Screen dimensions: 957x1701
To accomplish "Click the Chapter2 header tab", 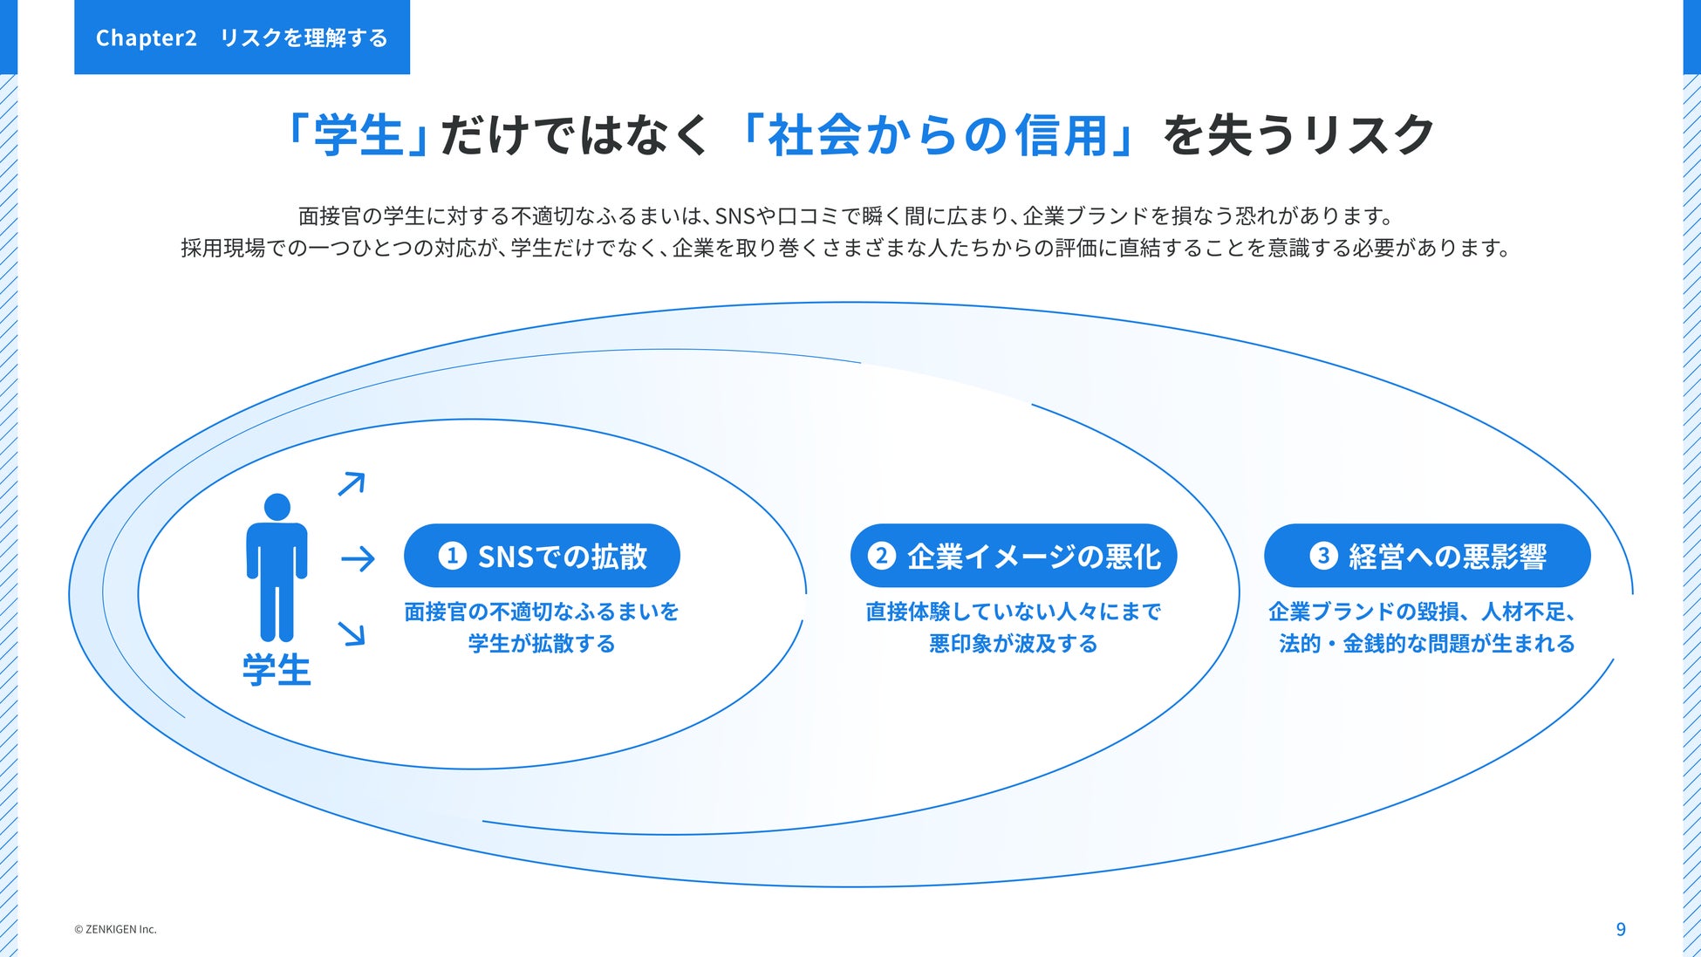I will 242,38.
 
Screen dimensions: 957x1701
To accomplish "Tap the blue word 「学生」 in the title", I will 358,136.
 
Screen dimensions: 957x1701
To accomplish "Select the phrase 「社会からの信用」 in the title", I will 937,136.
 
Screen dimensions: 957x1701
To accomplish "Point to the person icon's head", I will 277,507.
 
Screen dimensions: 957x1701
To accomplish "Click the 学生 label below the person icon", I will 277,670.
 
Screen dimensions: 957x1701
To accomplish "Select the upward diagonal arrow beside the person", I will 352,483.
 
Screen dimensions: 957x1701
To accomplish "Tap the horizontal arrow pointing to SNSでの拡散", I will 358,558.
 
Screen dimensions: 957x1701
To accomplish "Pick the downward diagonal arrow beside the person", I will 352,633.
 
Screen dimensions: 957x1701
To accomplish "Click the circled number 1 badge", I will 452,556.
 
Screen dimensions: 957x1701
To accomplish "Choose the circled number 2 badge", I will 881,556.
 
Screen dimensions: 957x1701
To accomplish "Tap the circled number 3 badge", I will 1322,556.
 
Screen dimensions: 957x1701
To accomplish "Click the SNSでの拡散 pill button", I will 542,556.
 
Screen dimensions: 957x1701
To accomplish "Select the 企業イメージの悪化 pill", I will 1014,556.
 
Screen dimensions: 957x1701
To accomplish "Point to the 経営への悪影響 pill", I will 1427,556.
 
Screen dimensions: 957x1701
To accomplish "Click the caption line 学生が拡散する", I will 542,644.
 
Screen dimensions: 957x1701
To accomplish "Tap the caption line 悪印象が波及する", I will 1013,644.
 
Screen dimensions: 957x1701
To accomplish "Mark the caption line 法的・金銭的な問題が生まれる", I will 1427,644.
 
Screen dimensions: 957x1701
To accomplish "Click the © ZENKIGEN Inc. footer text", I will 115,929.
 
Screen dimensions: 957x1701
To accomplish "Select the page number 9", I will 1621,929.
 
